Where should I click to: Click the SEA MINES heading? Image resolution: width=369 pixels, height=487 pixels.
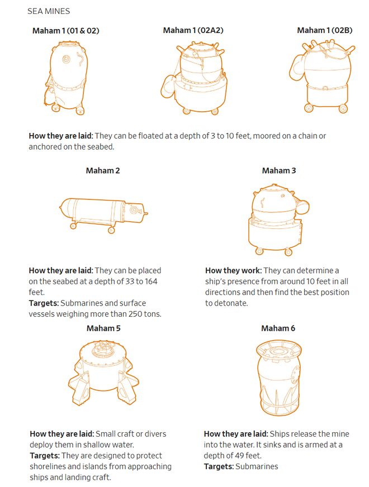coord(49,11)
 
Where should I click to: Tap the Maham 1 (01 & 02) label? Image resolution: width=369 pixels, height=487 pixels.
coord(65,31)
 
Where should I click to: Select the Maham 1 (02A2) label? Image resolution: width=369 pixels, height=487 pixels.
coord(193,30)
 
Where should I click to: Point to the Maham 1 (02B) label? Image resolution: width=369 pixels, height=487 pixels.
coord(324,30)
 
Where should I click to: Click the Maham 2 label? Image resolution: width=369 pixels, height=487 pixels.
coord(102,170)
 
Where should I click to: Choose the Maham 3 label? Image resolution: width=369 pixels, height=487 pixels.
coord(279,170)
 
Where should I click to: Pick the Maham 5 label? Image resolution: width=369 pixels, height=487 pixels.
coord(103,328)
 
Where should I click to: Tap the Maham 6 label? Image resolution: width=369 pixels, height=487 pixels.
coord(278,328)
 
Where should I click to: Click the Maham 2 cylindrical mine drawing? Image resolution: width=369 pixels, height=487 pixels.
coord(103,215)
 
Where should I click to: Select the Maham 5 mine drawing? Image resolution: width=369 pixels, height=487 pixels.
coord(103,373)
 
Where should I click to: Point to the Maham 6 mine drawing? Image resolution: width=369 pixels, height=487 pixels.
coord(278,378)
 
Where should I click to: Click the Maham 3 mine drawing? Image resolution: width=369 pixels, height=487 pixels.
coord(278,219)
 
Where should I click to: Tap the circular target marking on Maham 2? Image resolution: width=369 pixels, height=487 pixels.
coord(134,210)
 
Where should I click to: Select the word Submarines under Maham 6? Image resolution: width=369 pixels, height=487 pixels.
coord(257,466)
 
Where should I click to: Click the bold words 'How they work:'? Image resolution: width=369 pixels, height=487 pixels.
coord(233,270)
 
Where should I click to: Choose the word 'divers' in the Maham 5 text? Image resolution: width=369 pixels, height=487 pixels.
coord(155,434)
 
